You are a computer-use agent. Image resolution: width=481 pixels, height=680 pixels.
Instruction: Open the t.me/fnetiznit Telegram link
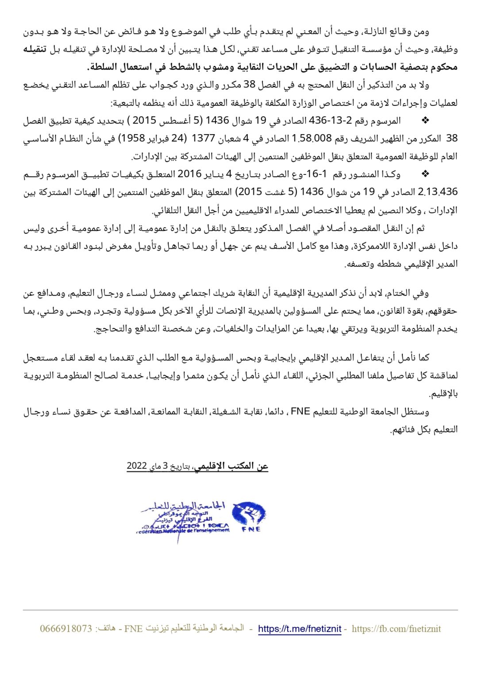coord(300,629)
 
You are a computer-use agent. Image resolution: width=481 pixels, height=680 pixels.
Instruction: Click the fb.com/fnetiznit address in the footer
coord(396,629)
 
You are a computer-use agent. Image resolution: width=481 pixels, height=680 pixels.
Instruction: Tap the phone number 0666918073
coord(66,629)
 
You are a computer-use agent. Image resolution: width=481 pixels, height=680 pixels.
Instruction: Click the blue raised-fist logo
coord(249,514)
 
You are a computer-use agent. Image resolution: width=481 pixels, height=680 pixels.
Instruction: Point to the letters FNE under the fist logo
coord(251,529)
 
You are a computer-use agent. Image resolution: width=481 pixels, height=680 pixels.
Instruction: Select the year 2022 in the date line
coord(136,466)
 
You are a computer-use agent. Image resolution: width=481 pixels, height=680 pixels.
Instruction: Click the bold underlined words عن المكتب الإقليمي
coord(231,466)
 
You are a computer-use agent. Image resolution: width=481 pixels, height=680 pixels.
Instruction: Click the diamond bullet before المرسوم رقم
coord(426,120)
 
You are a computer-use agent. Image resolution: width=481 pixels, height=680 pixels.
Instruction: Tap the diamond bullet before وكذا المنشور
coord(426,174)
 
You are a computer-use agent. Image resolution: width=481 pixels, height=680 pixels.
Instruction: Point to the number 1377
coord(203,138)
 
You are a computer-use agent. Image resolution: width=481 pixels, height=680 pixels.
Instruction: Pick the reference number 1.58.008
coord(312,138)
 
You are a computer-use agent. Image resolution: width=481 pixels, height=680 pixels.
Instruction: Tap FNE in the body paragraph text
coord(300,411)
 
